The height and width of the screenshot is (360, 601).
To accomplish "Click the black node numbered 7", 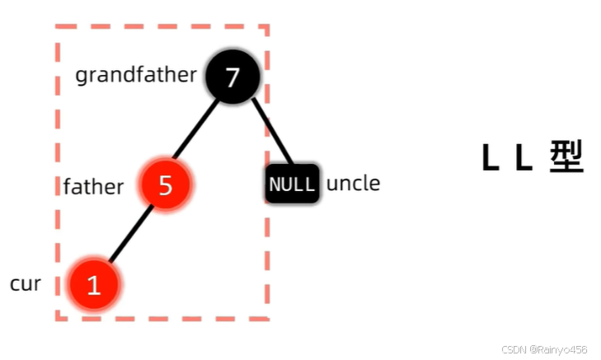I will coord(232,77).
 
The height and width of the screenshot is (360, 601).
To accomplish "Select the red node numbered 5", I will coord(166,185).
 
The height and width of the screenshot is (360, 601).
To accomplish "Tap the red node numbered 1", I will coord(94,284).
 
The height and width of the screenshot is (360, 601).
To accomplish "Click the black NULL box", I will coord(292,184).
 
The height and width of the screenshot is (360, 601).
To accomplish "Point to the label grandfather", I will coord(136,76).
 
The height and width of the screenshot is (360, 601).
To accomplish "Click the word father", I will coord(93,186).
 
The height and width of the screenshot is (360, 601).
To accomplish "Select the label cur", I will coord(26,284).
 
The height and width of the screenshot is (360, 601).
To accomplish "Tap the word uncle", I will coord(353,183).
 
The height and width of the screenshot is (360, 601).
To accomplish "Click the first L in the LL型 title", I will coord(491,157).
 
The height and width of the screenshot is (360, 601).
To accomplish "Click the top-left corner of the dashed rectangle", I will coord(57,27).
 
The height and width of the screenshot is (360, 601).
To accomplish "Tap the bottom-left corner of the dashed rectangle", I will coord(57,318).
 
